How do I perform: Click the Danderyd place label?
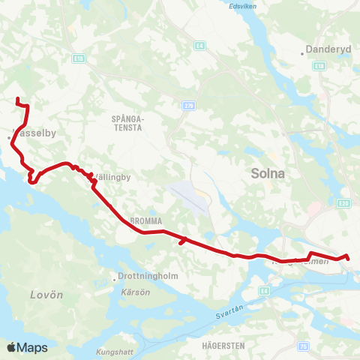[x=324, y=52]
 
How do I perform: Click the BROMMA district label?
[x=143, y=220]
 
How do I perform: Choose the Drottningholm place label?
[x=148, y=276]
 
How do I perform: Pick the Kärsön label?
[x=130, y=290]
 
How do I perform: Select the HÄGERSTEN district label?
[x=223, y=346]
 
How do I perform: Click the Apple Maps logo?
[x=27, y=347]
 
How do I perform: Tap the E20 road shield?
[x=343, y=202]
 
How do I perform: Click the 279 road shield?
[x=188, y=106]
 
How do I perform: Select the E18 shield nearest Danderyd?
[x=319, y=66]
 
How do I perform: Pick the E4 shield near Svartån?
[x=263, y=289]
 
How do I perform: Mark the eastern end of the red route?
[x=349, y=259]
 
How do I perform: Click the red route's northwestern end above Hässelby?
[x=16, y=98]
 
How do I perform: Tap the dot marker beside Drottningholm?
[x=114, y=276]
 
